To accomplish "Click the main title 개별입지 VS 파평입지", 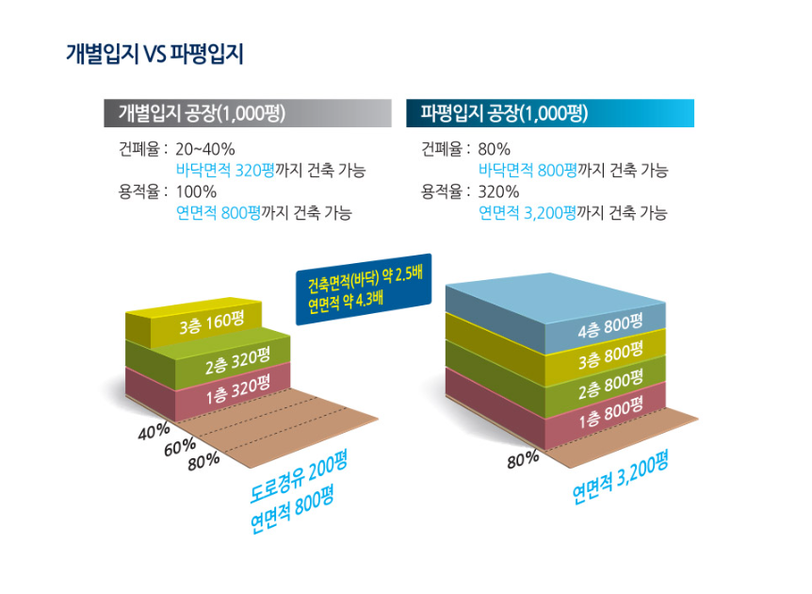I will (x=154, y=54).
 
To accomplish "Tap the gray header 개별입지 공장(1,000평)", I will (x=202, y=114).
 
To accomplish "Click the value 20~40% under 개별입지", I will (x=205, y=149).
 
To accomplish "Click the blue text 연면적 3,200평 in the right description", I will (x=528, y=213).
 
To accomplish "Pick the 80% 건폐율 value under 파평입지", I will (x=494, y=149).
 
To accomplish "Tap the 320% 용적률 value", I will (x=498, y=191).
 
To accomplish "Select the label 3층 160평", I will (x=211, y=324).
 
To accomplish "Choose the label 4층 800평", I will (x=609, y=325).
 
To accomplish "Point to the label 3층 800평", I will (x=609, y=355).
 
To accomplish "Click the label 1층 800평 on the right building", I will (x=609, y=416).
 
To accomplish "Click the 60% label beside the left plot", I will (x=179, y=447).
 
